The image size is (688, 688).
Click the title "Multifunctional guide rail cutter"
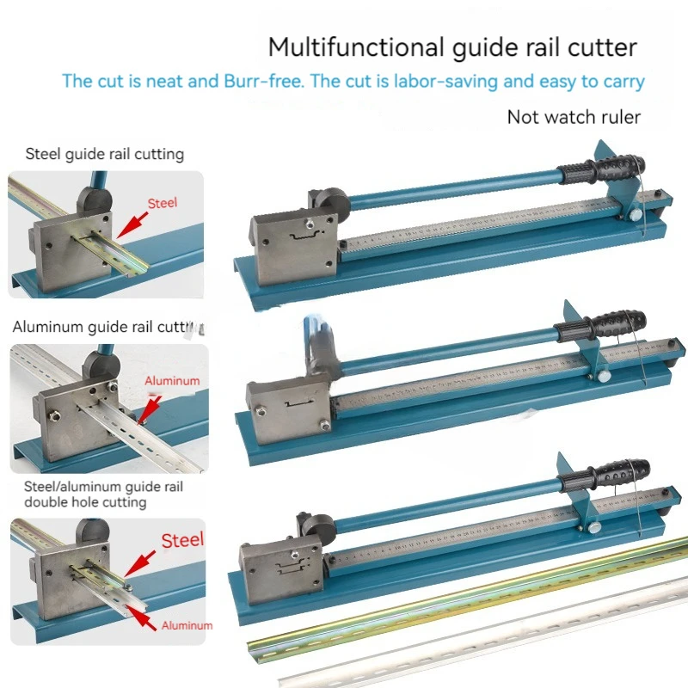click(x=453, y=46)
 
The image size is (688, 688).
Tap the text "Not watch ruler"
click(x=574, y=117)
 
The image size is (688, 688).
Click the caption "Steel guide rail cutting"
click(x=105, y=155)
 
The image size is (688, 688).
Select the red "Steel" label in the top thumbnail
click(x=162, y=204)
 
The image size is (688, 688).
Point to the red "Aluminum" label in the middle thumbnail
click(x=172, y=380)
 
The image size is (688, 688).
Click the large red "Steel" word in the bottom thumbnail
click(x=182, y=539)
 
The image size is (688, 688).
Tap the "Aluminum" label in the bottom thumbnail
click(x=186, y=625)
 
